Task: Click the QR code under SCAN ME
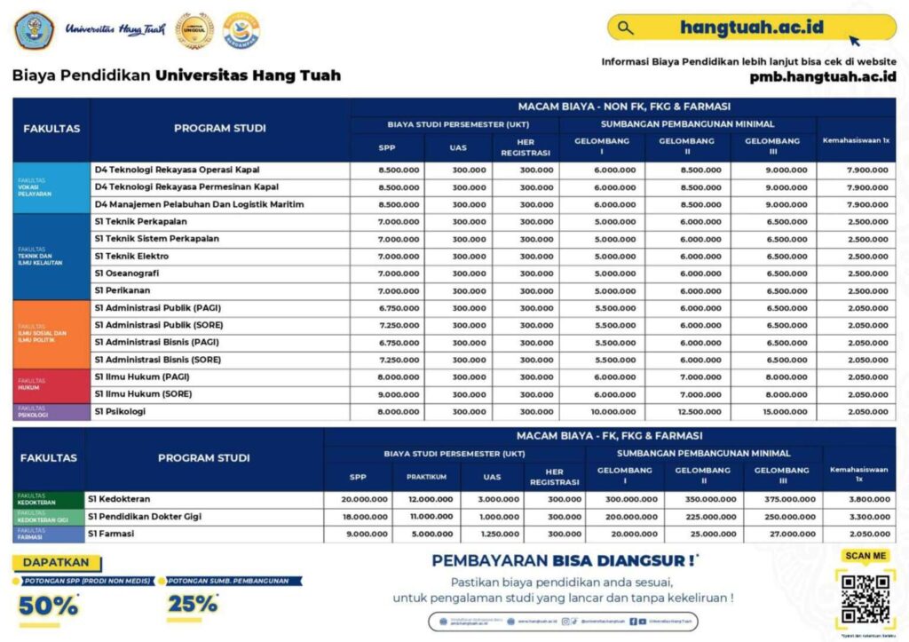pos(866,599)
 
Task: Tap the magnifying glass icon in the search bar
pos(626,28)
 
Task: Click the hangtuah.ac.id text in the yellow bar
pos(752,27)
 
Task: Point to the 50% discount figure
pos(48,606)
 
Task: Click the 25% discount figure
pos(192,604)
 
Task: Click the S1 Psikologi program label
pos(120,412)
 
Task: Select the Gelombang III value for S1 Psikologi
pos(773,412)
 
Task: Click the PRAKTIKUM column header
pos(426,477)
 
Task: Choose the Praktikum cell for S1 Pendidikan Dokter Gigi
pos(426,517)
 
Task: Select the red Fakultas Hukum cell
pos(51,386)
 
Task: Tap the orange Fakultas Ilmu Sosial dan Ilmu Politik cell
pos(51,334)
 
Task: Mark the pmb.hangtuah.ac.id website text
pos(822,76)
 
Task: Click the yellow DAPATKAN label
pos(57,563)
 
